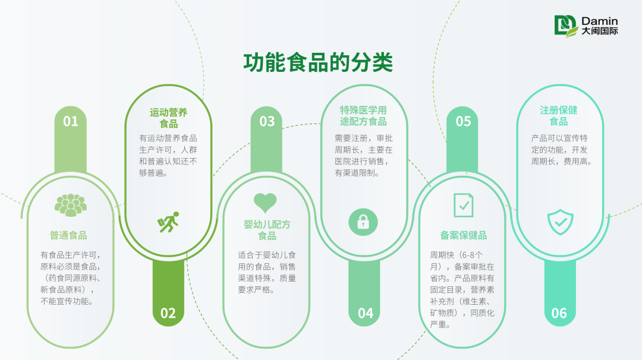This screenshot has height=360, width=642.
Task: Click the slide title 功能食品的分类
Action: pyautogui.click(x=318, y=62)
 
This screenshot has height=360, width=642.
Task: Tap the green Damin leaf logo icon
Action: pyautogui.click(x=567, y=26)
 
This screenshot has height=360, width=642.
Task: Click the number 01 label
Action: pyautogui.click(x=70, y=122)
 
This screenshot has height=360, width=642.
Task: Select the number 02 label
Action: pyautogui.click(x=168, y=313)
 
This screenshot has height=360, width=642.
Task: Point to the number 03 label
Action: pyautogui.click(x=267, y=122)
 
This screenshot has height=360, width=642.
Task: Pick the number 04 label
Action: pyautogui.click(x=366, y=313)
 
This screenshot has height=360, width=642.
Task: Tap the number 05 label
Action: pyautogui.click(x=463, y=122)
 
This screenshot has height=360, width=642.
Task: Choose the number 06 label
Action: pyautogui.click(x=559, y=313)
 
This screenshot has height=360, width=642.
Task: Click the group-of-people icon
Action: pyautogui.click(x=71, y=205)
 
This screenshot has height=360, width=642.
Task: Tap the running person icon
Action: pyautogui.click(x=168, y=222)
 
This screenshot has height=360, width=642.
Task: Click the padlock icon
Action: pyautogui.click(x=363, y=222)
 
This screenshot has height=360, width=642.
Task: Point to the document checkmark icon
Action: pyautogui.click(x=464, y=205)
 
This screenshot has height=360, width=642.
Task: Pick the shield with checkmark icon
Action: pyautogui.click(x=560, y=222)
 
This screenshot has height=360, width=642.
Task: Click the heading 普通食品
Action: pyautogui.click(x=68, y=235)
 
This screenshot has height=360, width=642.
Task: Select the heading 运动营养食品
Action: pyautogui.click(x=168, y=118)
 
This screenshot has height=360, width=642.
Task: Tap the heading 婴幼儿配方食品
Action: pyautogui.click(x=267, y=230)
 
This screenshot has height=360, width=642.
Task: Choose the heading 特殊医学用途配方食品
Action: pyautogui.click(x=363, y=116)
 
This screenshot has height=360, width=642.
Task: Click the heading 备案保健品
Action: pyautogui.click(x=464, y=235)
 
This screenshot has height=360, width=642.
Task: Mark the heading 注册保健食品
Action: pyautogui.click(x=558, y=116)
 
